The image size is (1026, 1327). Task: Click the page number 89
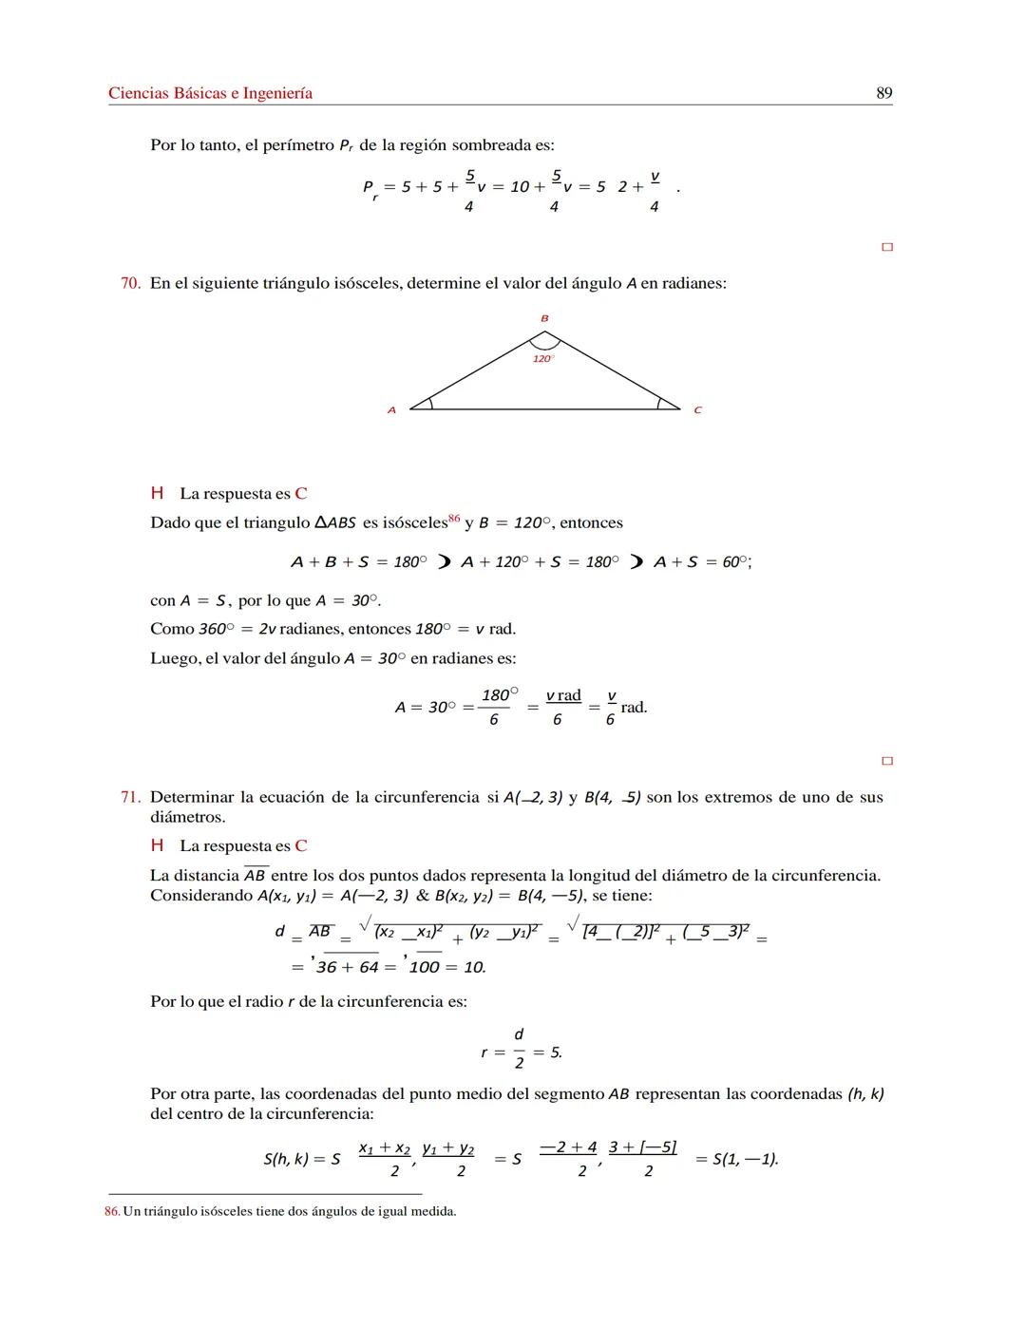pos(883,93)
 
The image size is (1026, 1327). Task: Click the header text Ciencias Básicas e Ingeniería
pos(210,93)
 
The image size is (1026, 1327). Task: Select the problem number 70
pos(130,283)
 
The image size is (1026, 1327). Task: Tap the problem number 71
pos(130,797)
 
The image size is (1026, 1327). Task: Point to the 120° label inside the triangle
pos(542,359)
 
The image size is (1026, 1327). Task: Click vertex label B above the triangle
pos(544,318)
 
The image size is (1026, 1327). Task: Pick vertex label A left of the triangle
pos(390,410)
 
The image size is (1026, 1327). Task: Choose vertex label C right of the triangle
pos(697,410)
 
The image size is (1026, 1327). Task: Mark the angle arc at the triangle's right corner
pos(661,404)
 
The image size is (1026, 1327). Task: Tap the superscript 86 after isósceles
pos(453,519)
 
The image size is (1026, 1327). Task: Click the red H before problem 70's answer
pos(157,493)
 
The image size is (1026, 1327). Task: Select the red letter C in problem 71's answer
pos(301,845)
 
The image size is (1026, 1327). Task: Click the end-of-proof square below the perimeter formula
pos(887,247)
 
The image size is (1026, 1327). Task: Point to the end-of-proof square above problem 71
pos(887,761)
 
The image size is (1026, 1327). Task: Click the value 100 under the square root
pos(423,967)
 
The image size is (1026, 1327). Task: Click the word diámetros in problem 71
pos(187,817)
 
